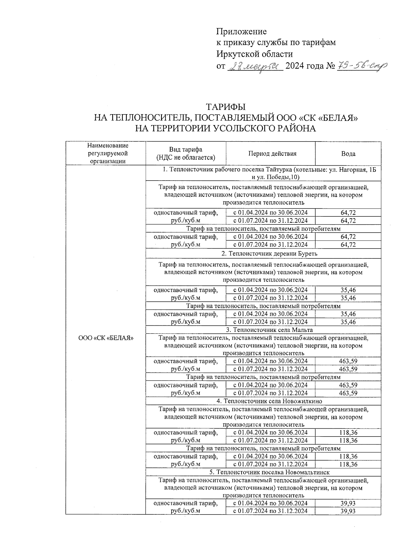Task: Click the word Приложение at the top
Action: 241,32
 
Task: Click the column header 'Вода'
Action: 348,154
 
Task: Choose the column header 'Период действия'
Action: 272,153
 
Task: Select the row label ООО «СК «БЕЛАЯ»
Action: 106,338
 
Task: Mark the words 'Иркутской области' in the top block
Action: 254,54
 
